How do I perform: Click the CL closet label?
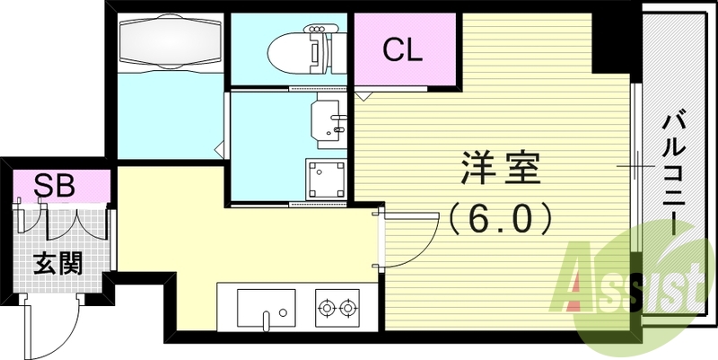point(403,48)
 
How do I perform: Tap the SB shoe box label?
point(54,186)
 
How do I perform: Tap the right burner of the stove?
point(348,310)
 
